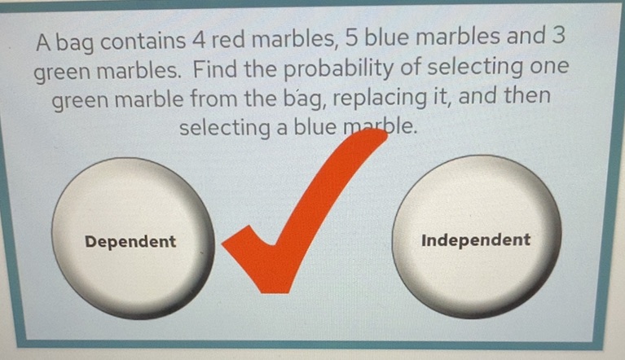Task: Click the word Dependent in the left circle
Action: tap(130, 242)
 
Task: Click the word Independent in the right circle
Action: tap(476, 240)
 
